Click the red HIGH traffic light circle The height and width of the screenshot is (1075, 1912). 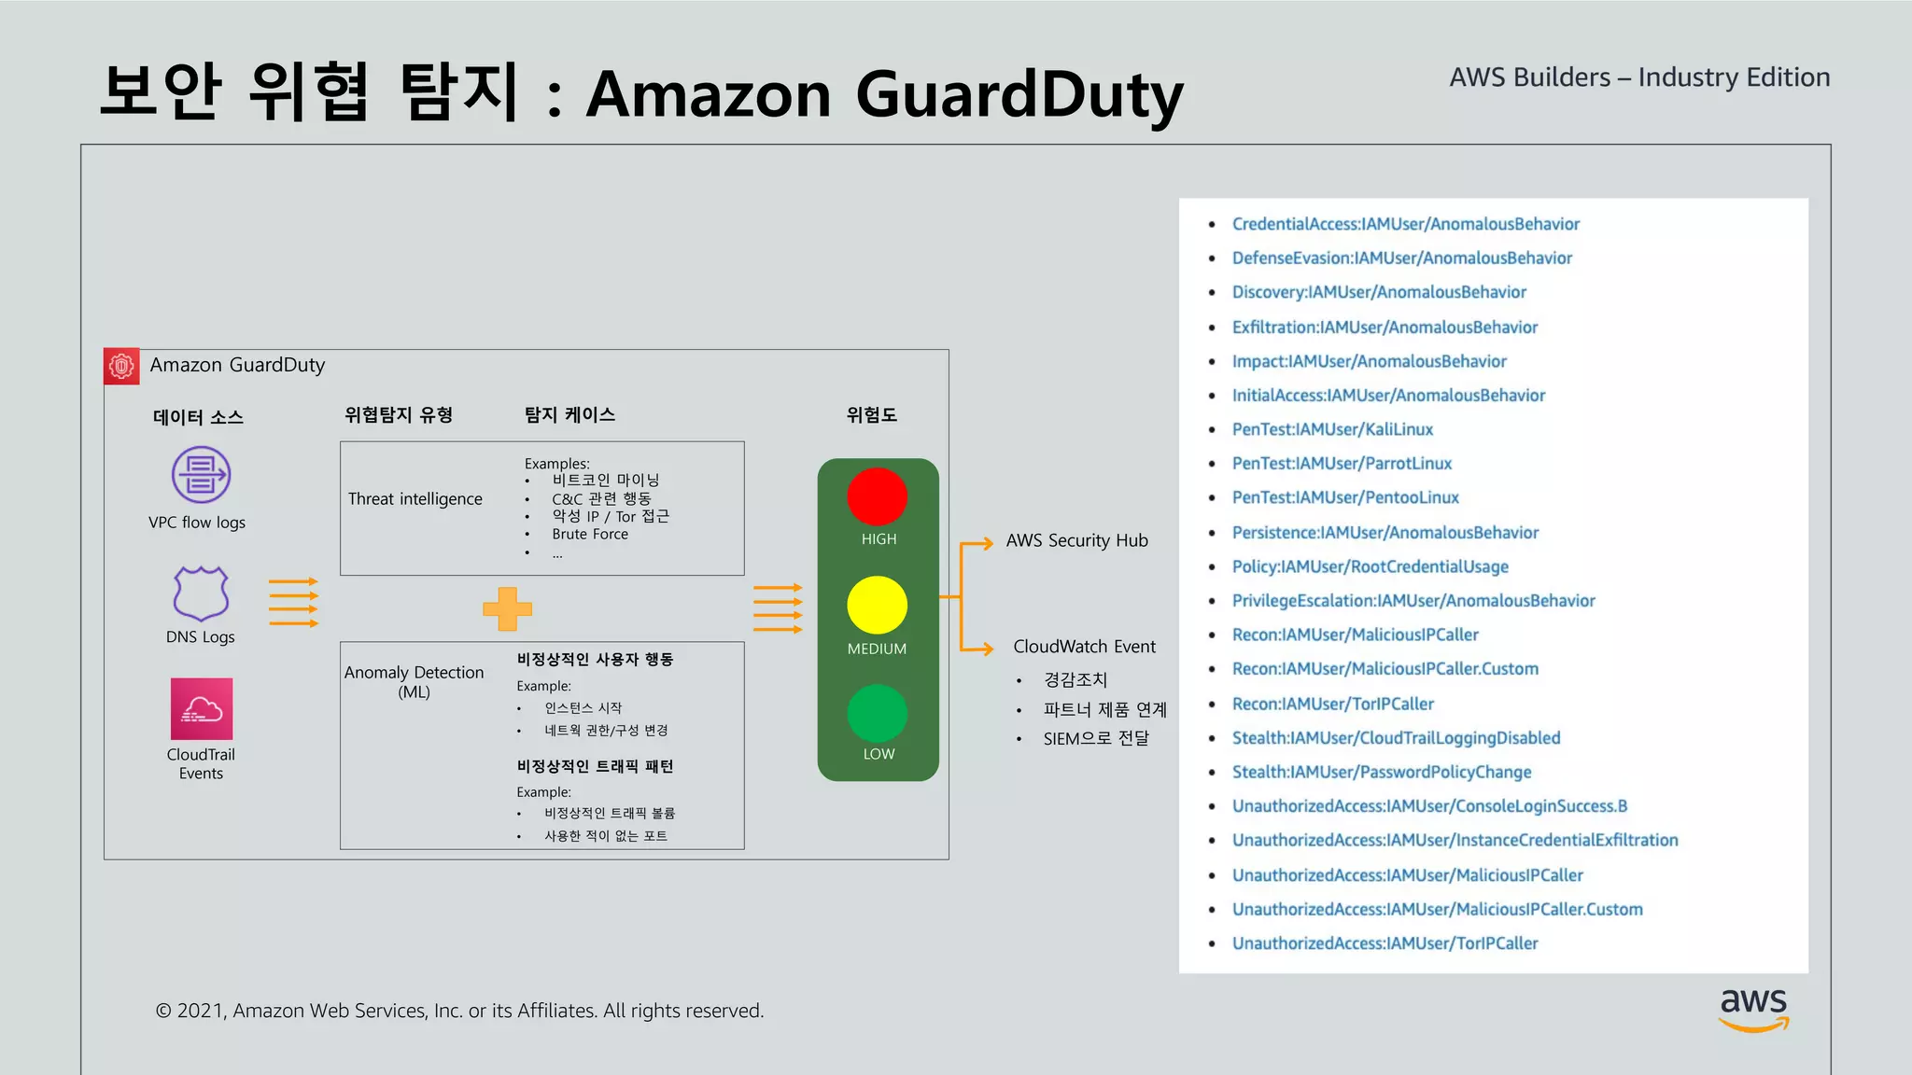(x=877, y=496)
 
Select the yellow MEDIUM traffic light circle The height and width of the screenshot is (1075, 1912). (x=877, y=605)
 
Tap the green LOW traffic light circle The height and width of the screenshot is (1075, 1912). (x=877, y=714)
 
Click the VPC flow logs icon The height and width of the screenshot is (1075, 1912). (x=201, y=475)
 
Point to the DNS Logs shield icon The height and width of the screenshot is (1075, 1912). (x=201, y=593)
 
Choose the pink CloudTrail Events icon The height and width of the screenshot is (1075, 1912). (x=201, y=709)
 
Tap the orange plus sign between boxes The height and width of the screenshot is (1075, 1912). (x=507, y=609)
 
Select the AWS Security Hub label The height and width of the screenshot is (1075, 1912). (x=1076, y=541)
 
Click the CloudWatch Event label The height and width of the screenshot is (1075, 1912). (x=1084, y=647)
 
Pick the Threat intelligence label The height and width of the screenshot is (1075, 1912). (x=415, y=499)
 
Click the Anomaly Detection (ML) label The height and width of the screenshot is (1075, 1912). (x=415, y=682)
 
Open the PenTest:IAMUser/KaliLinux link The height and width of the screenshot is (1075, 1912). (x=1332, y=429)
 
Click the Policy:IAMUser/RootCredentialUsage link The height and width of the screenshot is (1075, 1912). (x=1370, y=566)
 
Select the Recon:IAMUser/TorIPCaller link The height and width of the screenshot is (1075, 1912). (x=1332, y=704)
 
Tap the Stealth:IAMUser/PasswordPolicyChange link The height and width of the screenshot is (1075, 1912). (x=1382, y=772)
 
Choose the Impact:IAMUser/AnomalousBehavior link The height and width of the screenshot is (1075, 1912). (x=1369, y=361)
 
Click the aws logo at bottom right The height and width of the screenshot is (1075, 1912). (x=1753, y=1009)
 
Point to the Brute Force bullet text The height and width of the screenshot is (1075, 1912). (x=590, y=535)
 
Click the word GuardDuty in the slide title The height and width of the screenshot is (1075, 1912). (x=1019, y=95)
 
